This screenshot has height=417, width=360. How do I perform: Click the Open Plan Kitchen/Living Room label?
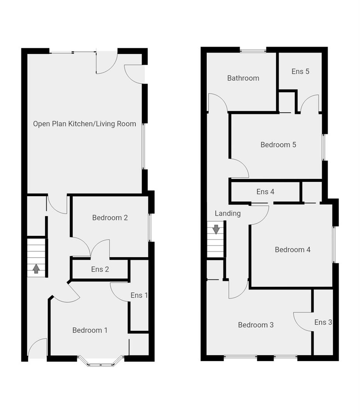tap(84, 124)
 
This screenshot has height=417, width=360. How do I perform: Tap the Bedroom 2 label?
tap(110, 218)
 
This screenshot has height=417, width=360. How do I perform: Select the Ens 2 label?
tap(100, 270)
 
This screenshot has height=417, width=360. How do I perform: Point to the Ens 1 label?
tap(139, 295)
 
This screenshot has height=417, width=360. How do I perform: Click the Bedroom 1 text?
tap(90, 331)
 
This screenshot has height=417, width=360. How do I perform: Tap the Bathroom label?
tap(243, 78)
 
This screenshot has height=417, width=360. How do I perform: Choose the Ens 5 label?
tap(300, 71)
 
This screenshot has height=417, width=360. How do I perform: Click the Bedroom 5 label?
tap(278, 145)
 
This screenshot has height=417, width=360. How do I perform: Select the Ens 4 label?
tap(265, 192)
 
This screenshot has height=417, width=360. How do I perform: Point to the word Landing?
tap(228, 213)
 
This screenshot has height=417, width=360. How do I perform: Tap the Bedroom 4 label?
tap(292, 250)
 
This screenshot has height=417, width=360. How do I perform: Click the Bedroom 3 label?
tap(256, 325)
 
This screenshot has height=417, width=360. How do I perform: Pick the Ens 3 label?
tap(323, 322)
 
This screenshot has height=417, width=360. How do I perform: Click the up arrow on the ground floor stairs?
tap(36, 268)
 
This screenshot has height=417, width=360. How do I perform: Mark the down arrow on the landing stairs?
tap(216, 229)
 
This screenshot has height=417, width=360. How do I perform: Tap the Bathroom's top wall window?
tap(253, 50)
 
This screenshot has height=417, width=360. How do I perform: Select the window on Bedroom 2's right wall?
tap(150, 228)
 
